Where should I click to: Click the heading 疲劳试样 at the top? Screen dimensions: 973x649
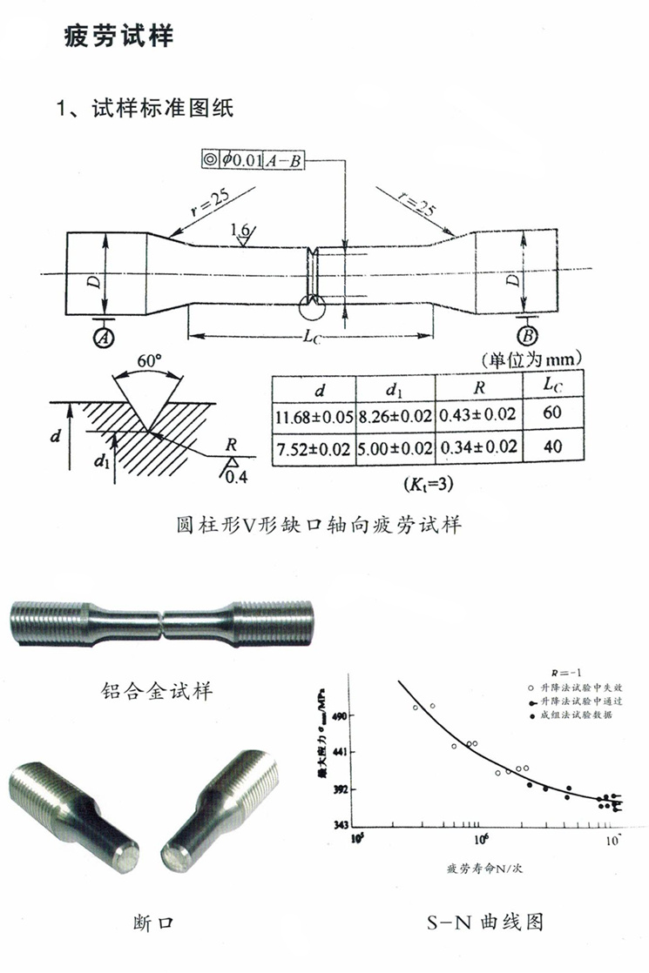click(x=118, y=36)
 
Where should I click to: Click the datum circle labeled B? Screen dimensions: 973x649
click(x=525, y=336)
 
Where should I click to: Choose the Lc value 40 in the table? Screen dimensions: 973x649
click(x=551, y=447)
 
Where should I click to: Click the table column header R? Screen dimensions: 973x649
click(x=477, y=387)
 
